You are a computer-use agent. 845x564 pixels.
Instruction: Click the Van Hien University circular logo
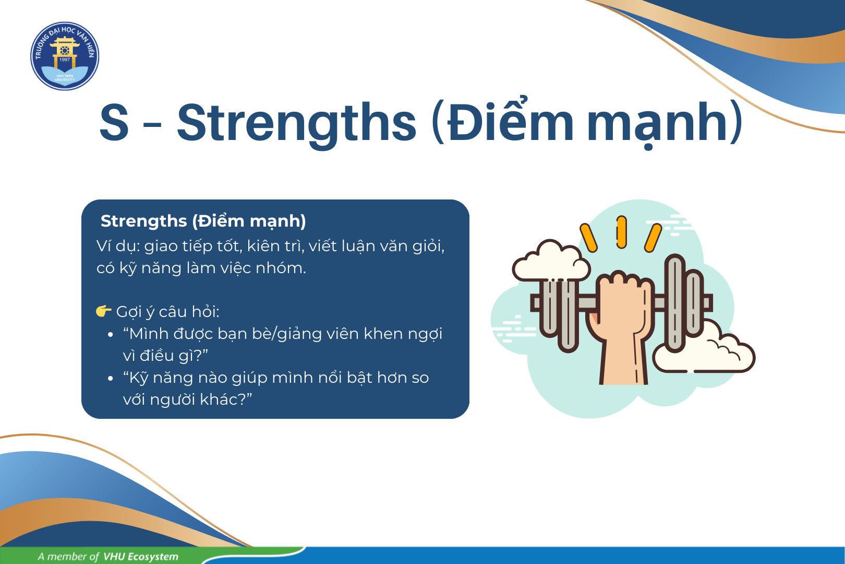(x=65, y=56)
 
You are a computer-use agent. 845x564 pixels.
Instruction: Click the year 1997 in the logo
(x=65, y=60)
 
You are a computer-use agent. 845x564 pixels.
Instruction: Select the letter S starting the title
(x=114, y=122)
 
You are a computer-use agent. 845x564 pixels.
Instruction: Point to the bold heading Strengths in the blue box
(x=144, y=221)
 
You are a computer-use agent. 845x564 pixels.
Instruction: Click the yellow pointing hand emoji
(x=103, y=311)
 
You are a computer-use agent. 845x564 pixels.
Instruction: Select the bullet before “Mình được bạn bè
(x=110, y=334)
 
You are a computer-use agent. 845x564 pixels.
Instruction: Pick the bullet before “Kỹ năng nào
(x=110, y=378)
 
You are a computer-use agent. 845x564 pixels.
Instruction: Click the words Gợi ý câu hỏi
(x=167, y=312)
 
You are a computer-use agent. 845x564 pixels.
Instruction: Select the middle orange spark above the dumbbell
(x=621, y=232)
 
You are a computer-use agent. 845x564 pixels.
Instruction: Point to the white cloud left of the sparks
(x=550, y=261)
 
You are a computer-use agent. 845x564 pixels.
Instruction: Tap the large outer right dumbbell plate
(x=674, y=303)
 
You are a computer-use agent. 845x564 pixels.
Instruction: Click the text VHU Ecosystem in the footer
(x=140, y=557)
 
